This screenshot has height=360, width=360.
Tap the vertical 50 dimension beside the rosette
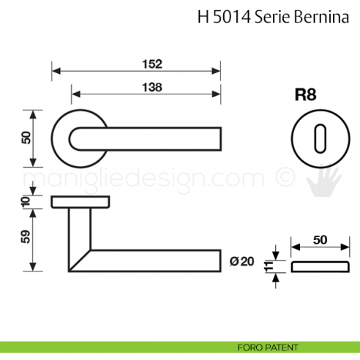coord(27,138)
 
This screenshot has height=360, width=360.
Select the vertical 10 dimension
coord(27,201)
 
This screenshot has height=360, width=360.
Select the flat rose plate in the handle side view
coord(81,201)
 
